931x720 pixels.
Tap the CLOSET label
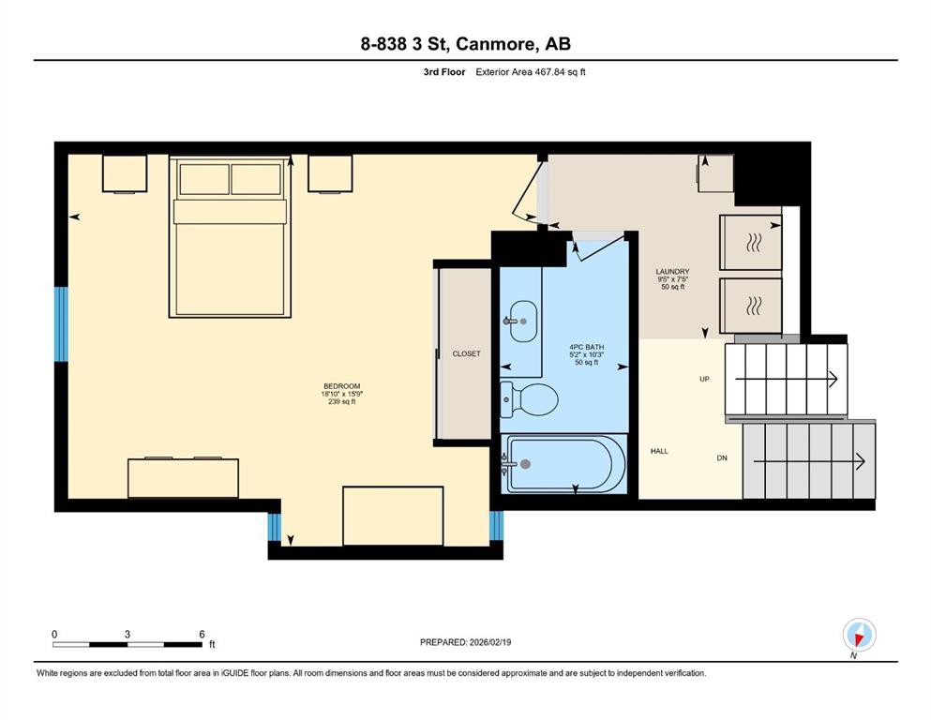coord(466,353)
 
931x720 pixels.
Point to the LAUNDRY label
coord(672,272)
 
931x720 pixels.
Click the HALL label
coord(659,451)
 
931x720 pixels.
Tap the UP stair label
coord(704,380)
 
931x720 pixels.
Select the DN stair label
coord(722,458)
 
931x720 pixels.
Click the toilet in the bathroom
coord(531,399)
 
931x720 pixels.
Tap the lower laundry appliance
coord(750,305)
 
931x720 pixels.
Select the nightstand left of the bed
coord(125,173)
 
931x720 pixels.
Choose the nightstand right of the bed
coord(329,173)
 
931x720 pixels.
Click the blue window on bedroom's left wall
coord(61,323)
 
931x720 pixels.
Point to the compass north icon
coord(859,635)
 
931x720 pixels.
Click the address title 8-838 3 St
coord(465,44)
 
